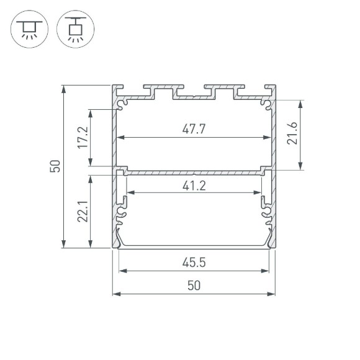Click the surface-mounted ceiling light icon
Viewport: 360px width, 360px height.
28,29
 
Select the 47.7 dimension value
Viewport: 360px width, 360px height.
194,129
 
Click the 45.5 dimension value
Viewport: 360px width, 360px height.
194,263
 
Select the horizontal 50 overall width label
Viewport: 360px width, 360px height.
194,286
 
